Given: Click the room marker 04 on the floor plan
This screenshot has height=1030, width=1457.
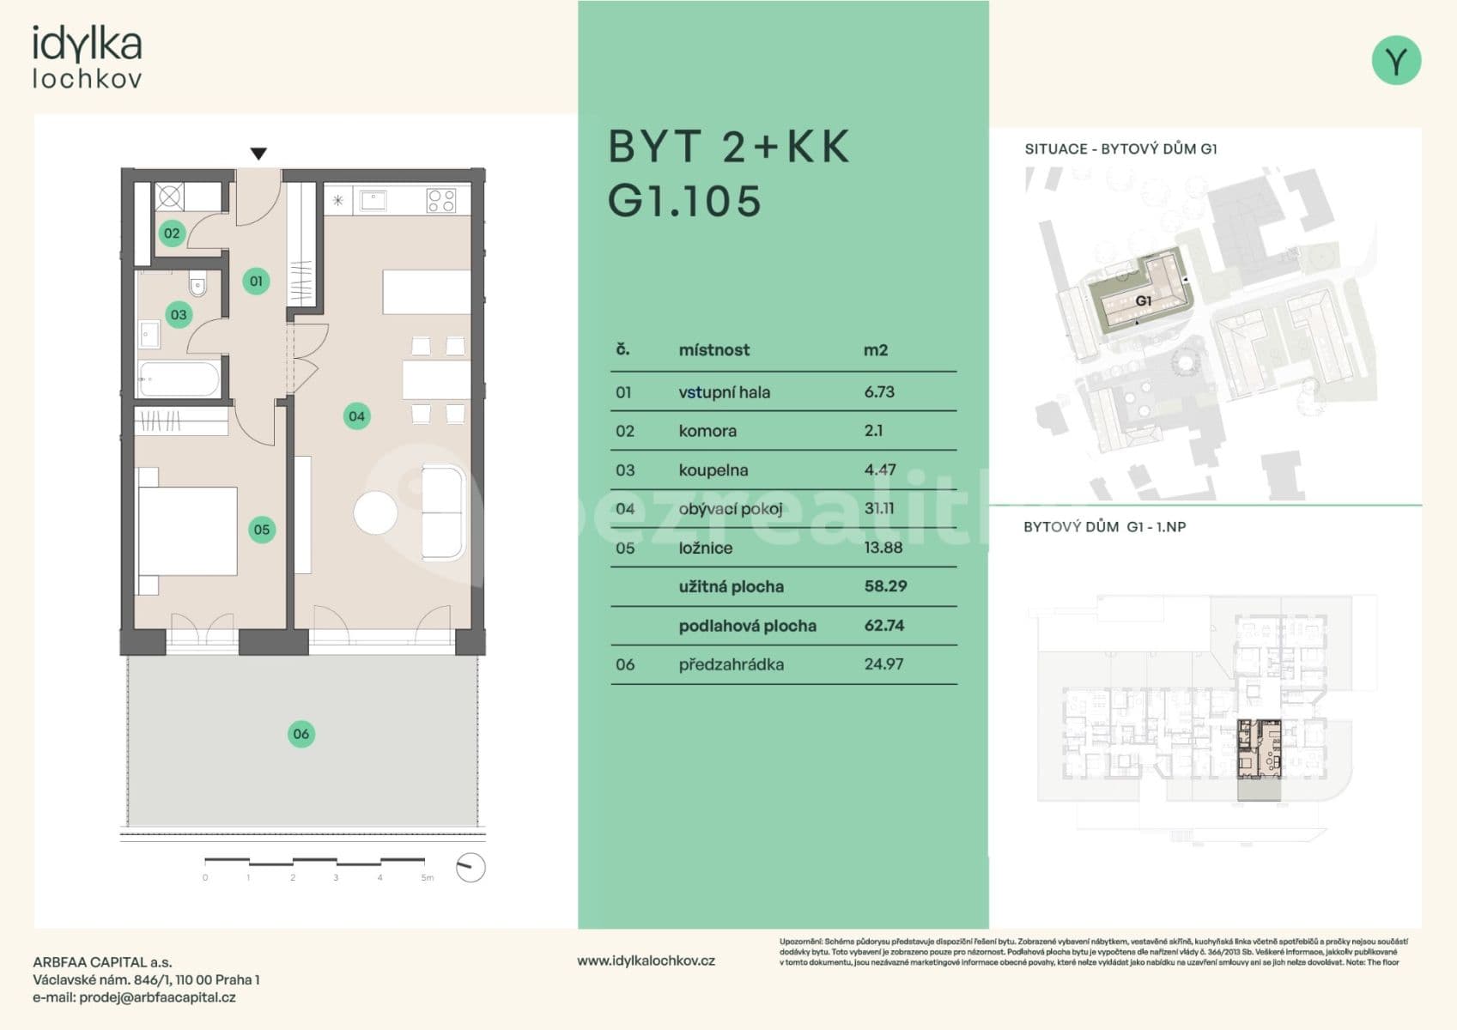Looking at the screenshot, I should coord(356,417).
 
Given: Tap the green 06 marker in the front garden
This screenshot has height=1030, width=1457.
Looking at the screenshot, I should coord(301,734).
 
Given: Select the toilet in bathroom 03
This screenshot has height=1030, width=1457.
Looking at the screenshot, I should coord(197,284).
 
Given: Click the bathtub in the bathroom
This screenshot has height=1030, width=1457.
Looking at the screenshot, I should coord(179,379).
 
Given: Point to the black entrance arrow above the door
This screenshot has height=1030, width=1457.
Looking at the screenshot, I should coord(258,154).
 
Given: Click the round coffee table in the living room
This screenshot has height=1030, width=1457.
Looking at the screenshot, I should coord(375,513).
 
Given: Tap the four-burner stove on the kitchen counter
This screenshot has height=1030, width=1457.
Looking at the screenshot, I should coord(441,201).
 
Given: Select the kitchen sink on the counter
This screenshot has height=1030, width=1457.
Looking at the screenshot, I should coord(373,201).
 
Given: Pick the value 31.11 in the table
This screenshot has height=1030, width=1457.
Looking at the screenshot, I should coord(879,509).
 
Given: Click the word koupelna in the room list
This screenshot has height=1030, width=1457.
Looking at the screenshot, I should coord(713,470).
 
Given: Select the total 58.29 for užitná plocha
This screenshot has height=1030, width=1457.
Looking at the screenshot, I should coord(885,586).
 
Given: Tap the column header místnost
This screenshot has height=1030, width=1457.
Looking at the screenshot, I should coord(713,350).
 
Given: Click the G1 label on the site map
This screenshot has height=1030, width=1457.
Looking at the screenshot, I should coord(1143,301).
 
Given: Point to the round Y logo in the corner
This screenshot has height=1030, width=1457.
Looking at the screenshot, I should coord(1396,60).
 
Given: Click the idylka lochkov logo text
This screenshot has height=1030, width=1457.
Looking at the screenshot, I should coord(87,57).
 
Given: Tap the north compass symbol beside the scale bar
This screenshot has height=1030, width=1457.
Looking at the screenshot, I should coord(470,868).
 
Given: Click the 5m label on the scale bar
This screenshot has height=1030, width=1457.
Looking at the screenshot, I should coord(427,878).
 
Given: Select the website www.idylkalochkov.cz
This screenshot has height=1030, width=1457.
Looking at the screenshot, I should coord(646,961).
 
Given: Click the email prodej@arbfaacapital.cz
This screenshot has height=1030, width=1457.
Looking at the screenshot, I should coord(157,997).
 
